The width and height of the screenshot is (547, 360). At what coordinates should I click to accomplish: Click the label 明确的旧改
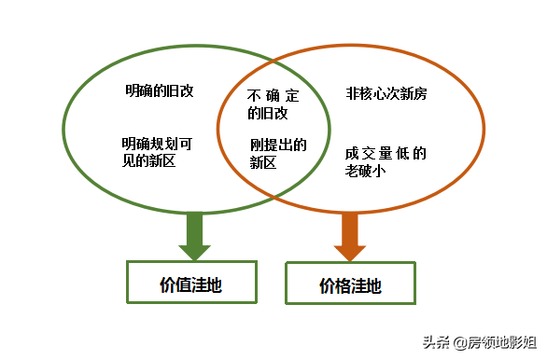[159, 91]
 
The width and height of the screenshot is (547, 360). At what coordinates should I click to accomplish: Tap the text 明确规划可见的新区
[157, 151]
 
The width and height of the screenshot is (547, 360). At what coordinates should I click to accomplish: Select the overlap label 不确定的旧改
[267, 104]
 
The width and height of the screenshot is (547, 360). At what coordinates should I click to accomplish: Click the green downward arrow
[194, 236]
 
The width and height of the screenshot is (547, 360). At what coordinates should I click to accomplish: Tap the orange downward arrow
[350, 238]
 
